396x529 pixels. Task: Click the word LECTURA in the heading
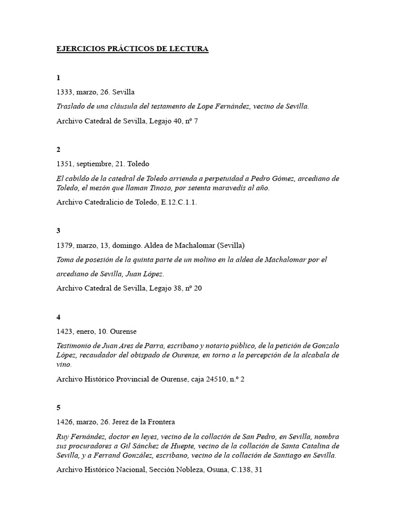pos(189,49)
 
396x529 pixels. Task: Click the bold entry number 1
pos(58,77)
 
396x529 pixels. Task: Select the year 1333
pos(65,92)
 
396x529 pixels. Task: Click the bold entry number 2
pos(58,149)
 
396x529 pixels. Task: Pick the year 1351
pos(65,164)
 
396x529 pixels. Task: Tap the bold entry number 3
pos(58,230)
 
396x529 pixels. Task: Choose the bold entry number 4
pos(58,317)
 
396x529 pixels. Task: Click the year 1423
pos(65,331)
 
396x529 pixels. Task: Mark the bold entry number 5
pos(58,408)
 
